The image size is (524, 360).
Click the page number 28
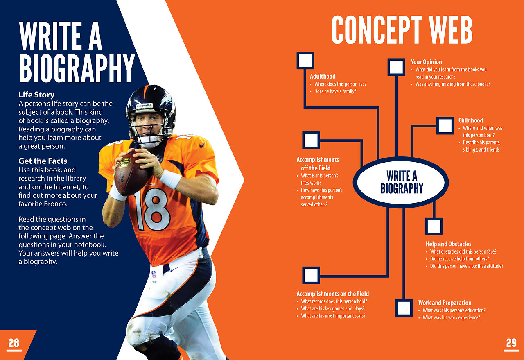(14, 343)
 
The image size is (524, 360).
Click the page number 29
(511, 343)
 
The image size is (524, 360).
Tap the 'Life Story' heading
(36, 95)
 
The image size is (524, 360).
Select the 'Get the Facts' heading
(43, 161)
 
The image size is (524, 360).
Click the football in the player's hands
(131, 174)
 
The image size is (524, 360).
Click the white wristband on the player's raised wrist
(171, 179)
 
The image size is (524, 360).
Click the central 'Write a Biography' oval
(401, 182)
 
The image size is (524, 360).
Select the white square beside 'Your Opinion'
(396, 67)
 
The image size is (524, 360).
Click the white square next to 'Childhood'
(445, 126)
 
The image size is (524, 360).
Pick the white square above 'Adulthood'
(305, 60)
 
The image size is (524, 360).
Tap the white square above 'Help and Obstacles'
(434, 226)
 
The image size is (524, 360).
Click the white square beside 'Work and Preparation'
(404, 308)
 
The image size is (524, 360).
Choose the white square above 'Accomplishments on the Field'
(311, 275)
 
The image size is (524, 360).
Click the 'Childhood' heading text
(471, 120)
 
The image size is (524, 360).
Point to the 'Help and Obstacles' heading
(448, 244)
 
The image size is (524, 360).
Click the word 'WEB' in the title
(451, 30)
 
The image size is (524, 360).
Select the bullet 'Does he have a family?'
(335, 91)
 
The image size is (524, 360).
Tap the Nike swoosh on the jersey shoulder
(202, 145)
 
